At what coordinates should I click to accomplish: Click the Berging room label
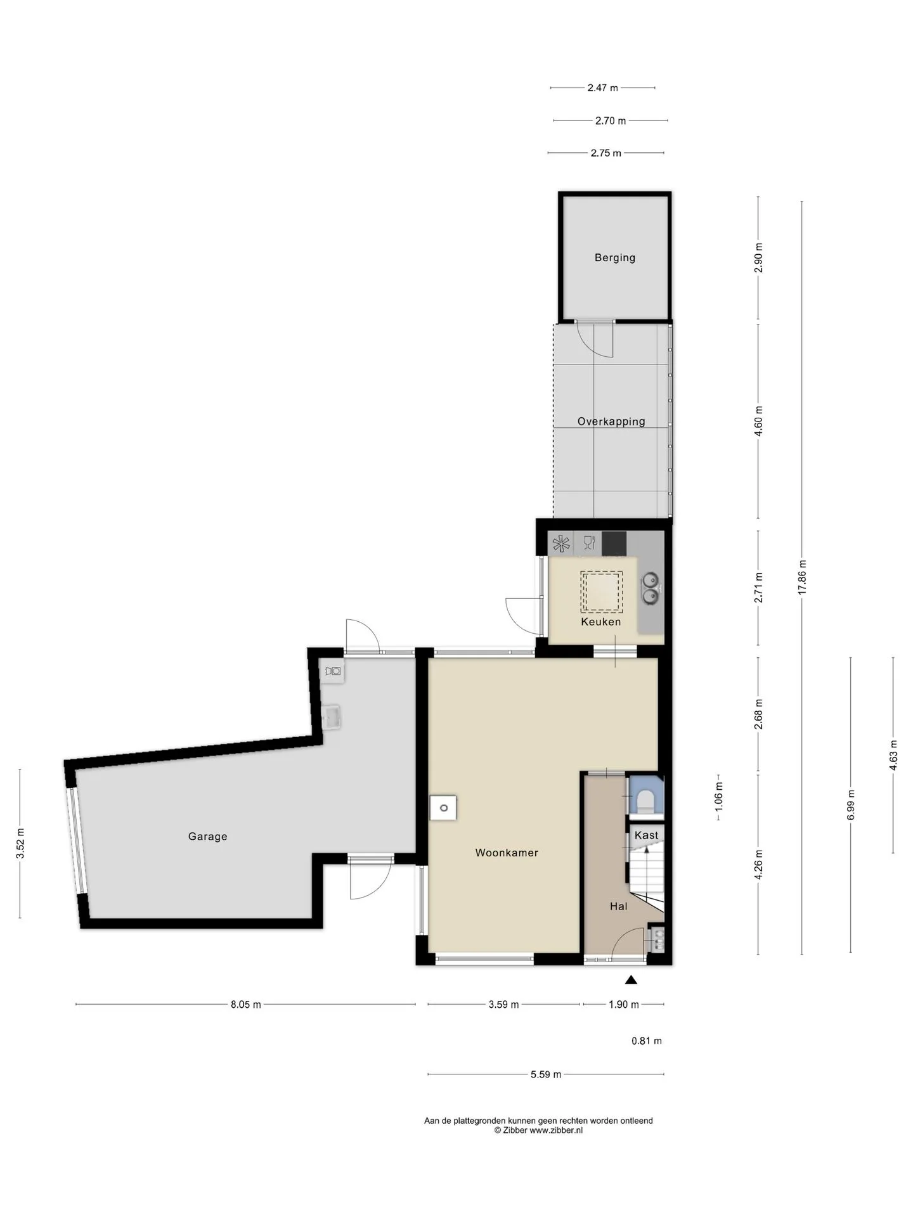click(614, 257)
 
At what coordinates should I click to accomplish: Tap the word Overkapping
click(611, 422)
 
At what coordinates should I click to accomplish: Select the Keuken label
click(601, 622)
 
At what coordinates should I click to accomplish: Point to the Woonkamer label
click(507, 853)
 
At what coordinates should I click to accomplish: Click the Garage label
click(207, 837)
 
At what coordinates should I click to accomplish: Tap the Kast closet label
click(646, 835)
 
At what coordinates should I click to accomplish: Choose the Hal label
click(619, 906)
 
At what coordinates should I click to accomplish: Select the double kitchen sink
click(651, 588)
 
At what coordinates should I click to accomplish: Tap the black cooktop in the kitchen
click(614, 543)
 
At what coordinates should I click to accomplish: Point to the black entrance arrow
click(630, 980)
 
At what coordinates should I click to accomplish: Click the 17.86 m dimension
click(802, 577)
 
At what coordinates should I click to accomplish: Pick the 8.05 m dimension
click(246, 1004)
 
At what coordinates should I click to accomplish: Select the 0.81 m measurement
click(647, 1040)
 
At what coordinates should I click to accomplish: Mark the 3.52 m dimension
click(20, 844)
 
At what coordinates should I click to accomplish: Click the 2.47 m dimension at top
click(602, 88)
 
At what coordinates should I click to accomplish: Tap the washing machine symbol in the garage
click(332, 671)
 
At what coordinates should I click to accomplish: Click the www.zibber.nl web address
click(556, 1130)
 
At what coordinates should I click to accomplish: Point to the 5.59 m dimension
click(546, 1074)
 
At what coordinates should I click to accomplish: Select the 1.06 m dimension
click(718, 797)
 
